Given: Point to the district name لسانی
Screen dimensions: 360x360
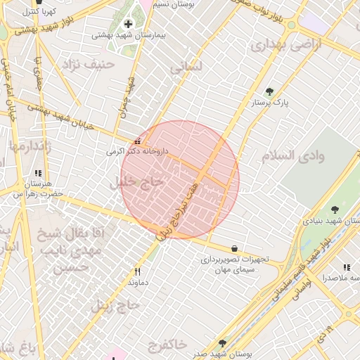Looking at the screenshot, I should click(186, 67).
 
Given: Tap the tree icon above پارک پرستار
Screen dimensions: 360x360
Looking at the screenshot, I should click(270, 91).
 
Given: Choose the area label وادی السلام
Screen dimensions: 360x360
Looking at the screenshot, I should click(294, 155).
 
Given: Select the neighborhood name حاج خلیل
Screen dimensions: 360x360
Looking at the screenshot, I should click(138, 181).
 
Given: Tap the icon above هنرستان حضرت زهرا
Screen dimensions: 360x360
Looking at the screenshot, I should click(38, 173).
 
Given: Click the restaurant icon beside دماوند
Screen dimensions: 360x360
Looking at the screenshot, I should click(137, 271).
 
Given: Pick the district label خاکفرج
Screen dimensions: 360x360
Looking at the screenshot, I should click(168, 344).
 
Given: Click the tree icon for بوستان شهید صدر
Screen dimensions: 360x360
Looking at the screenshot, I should click(222, 343).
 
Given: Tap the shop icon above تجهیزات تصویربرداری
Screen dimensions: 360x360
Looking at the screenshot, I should click(234, 248).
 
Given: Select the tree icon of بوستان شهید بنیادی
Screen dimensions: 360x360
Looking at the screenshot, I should click(335, 209).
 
